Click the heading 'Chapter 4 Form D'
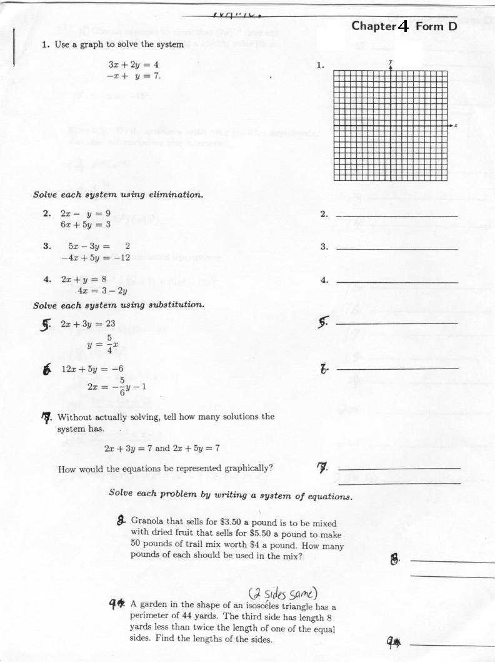(x=404, y=26)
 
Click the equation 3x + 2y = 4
(x=133, y=64)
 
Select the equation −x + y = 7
(x=133, y=76)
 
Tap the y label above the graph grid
(x=391, y=61)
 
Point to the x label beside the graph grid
(x=456, y=126)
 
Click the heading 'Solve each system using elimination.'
(x=118, y=195)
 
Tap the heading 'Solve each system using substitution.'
(x=119, y=305)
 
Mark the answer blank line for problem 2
(x=397, y=216)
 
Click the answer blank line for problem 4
(x=397, y=283)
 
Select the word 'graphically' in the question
(x=249, y=469)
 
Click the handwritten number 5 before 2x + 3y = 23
(x=46, y=324)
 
